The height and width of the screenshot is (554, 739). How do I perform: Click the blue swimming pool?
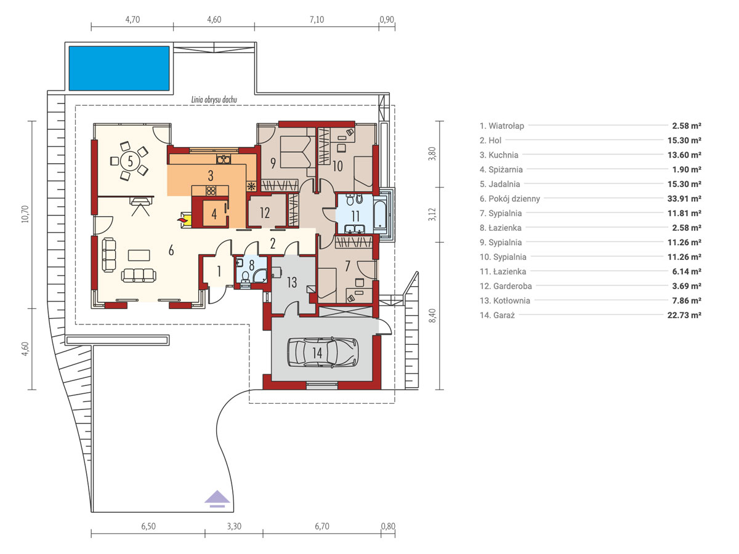coord(119,68)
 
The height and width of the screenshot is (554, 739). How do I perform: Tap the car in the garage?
coord(323,352)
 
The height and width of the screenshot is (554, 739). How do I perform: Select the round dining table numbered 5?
coord(130,161)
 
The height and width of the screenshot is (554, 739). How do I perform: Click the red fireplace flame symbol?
coord(182,220)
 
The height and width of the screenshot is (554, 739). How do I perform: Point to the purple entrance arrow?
coord(217,499)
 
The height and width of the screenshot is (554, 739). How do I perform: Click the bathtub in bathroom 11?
coord(381,214)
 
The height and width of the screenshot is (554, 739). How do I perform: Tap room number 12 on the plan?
coord(265,212)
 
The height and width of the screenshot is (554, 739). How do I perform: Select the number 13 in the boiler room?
coord(292,282)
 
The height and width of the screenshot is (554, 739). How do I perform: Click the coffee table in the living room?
coord(139,255)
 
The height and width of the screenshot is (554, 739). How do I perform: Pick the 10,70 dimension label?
coord(25,214)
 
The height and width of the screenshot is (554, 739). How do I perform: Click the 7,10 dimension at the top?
coord(317,20)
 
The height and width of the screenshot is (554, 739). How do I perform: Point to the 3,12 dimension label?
coord(432,215)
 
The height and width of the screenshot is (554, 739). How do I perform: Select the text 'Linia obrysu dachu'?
coord(214,100)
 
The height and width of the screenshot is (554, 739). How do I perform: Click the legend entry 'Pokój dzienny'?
coord(510,198)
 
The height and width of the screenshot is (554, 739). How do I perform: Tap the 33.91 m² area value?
coord(684,198)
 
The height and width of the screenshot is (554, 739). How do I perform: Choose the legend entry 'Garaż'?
coord(497,315)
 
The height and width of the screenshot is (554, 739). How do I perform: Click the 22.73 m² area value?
coord(684,315)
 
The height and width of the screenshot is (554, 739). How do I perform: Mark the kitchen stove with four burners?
coord(211,191)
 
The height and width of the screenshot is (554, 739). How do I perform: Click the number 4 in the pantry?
coord(214,214)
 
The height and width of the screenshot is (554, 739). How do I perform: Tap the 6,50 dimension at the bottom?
coord(148,526)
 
